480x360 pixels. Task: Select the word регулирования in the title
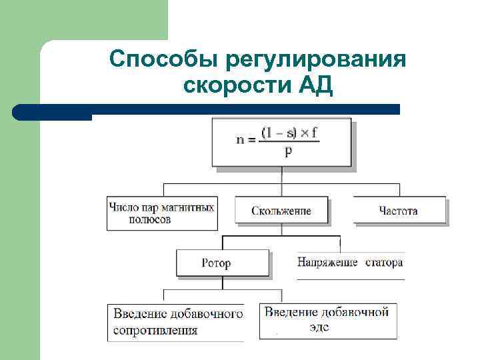click(315, 59)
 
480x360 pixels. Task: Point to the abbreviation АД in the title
click(312, 85)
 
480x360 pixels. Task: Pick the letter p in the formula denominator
click(288, 151)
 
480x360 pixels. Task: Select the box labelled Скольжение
click(281, 211)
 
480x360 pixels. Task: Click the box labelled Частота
click(399, 211)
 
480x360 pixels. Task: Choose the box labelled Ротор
click(222, 263)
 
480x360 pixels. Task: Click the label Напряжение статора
click(350, 263)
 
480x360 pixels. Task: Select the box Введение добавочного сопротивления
click(176, 322)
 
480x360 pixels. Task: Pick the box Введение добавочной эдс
click(327, 320)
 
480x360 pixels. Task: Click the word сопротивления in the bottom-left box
click(155, 330)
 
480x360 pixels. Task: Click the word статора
click(384, 263)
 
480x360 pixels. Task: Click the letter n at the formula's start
click(241, 141)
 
